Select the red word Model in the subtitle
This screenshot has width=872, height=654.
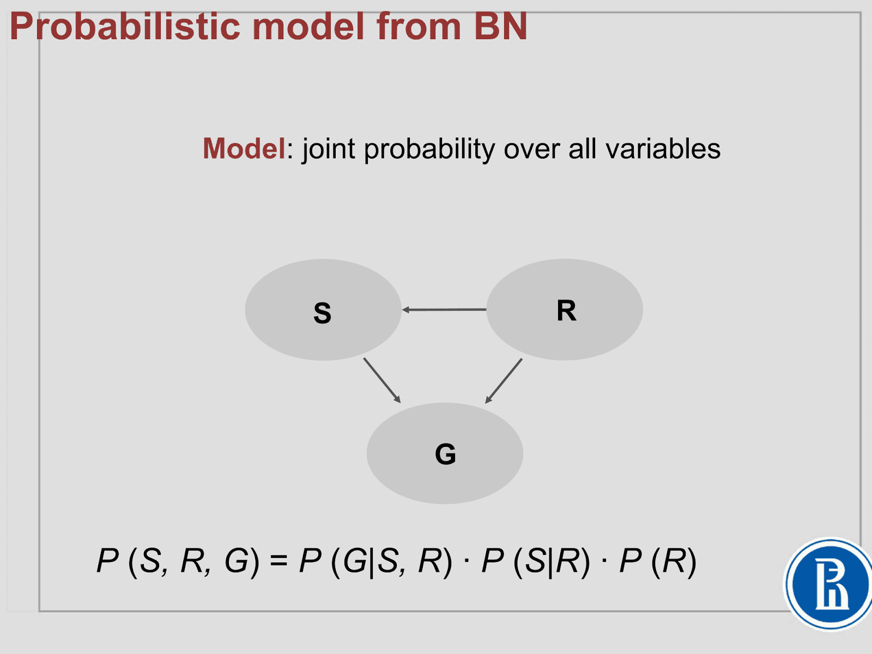[244, 148]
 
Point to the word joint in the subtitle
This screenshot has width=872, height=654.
[329, 148]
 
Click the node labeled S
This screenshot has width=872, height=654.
[323, 310]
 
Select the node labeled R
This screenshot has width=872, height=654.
[565, 310]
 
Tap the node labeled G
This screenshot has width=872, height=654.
[445, 453]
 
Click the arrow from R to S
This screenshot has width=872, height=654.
[444, 310]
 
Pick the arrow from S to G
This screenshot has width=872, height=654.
[382, 380]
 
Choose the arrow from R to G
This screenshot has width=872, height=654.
[504, 380]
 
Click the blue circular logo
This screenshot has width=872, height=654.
[829, 584]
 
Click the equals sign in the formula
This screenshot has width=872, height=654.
[278, 561]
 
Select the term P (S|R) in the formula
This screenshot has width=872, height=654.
[536, 561]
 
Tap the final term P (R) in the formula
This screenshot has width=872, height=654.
[658, 561]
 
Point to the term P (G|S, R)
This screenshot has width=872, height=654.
[376, 561]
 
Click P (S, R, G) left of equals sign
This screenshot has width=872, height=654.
[178, 561]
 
